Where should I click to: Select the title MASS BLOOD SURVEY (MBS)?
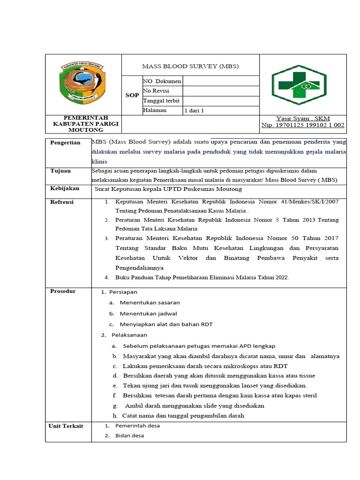tap(190, 66)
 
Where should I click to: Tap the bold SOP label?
tap(132, 95)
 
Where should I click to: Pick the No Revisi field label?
tap(156, 91)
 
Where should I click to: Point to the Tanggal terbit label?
tap(161, 101)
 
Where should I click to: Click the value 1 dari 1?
tap(195, 111)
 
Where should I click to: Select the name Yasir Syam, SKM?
tap(303, 119)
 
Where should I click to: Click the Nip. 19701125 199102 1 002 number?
tap(303, 125)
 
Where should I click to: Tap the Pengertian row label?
tap(65, 142)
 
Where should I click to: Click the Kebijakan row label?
tap(65, 188)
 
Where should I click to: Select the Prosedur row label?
tap(63, 291)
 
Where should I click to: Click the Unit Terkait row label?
tap(66, 426)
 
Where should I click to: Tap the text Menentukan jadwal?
tap(148, 314)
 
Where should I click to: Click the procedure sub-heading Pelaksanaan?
tap(129, 335)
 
